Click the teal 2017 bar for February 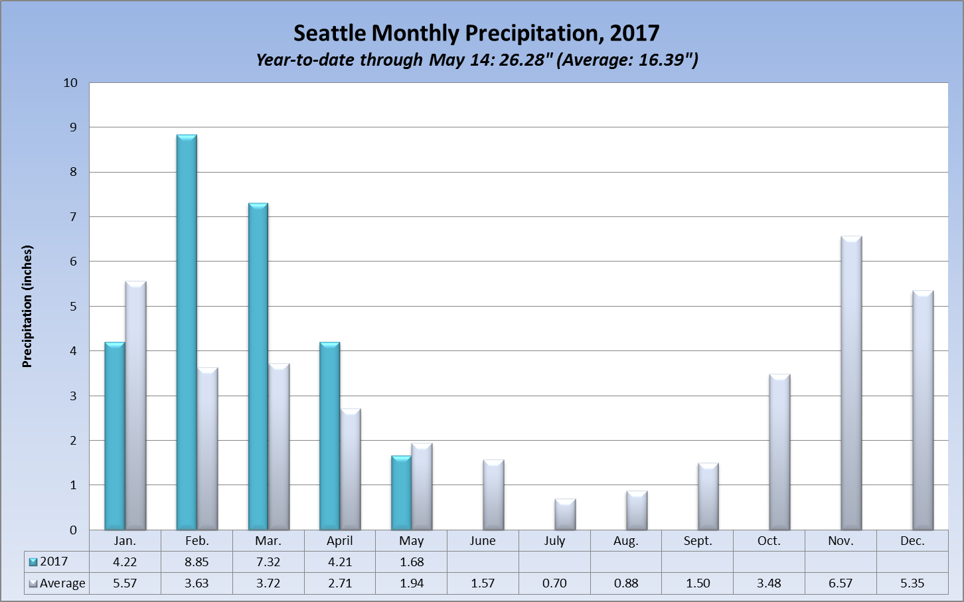187,332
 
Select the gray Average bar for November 851,383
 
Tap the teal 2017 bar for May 401,492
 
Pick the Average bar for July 565,514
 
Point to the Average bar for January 135,406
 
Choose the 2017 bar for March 258,366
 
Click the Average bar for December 923,410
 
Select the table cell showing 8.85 197,562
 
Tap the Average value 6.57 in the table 841,583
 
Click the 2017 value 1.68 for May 412,562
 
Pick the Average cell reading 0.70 554,583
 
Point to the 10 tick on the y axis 70,83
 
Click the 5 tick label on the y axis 73,307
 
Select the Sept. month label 698,541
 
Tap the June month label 483,541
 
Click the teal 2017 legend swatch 33,562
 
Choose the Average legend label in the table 62,583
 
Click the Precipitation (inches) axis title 27,307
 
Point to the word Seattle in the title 330,33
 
